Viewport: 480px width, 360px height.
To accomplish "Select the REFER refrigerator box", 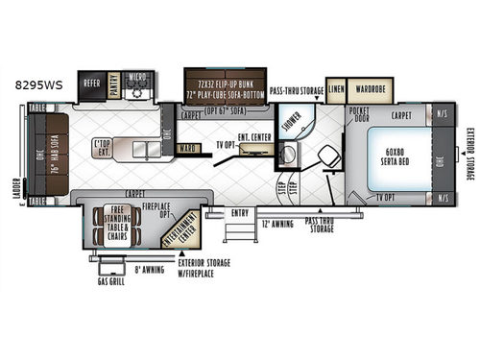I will click(92, 84).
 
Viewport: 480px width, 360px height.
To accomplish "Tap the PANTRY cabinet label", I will click(114, 84).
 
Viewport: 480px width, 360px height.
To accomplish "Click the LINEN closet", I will click(335, 88).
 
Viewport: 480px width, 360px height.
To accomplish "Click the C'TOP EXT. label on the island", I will click(105, 148).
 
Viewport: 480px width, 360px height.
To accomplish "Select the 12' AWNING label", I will click(275, 224).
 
